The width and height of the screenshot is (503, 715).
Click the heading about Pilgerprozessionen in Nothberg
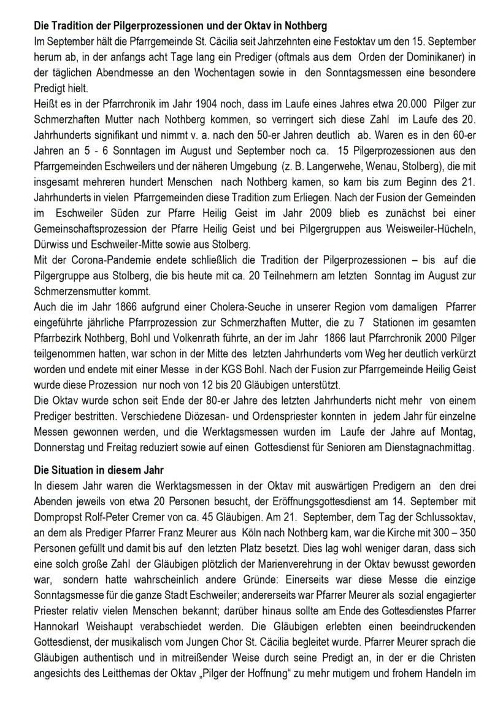[181, 26]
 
